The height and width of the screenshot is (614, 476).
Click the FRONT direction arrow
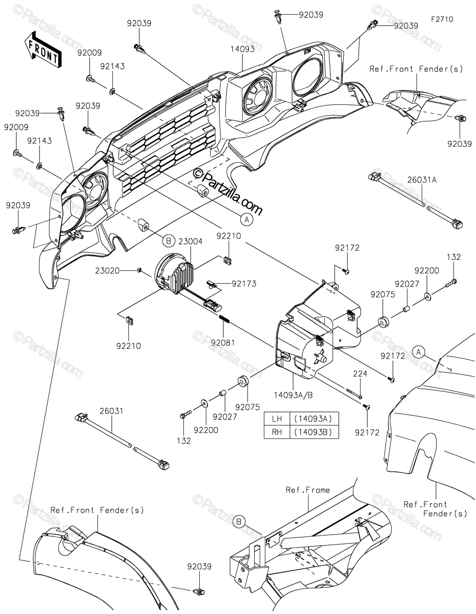pos(43,49)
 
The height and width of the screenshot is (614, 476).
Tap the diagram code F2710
pos(442,19)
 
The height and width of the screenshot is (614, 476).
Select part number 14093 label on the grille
pos(242,49)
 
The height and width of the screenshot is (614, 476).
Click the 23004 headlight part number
pos(190,242)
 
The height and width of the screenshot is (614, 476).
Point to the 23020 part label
pos(107,271)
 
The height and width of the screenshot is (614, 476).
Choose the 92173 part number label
pos(244,283)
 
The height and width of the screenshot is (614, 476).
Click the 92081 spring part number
pos(223,343)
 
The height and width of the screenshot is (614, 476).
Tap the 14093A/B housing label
pos(293,396)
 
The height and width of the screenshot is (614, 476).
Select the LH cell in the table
pos(277,419)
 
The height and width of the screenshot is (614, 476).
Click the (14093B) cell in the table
pos(315,432)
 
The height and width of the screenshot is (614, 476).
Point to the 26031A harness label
pos(422,180)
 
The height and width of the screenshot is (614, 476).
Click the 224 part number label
pos(360,374)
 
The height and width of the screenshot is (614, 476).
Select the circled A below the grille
pos(247,220)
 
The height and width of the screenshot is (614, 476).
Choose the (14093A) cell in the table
pos(315,419)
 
